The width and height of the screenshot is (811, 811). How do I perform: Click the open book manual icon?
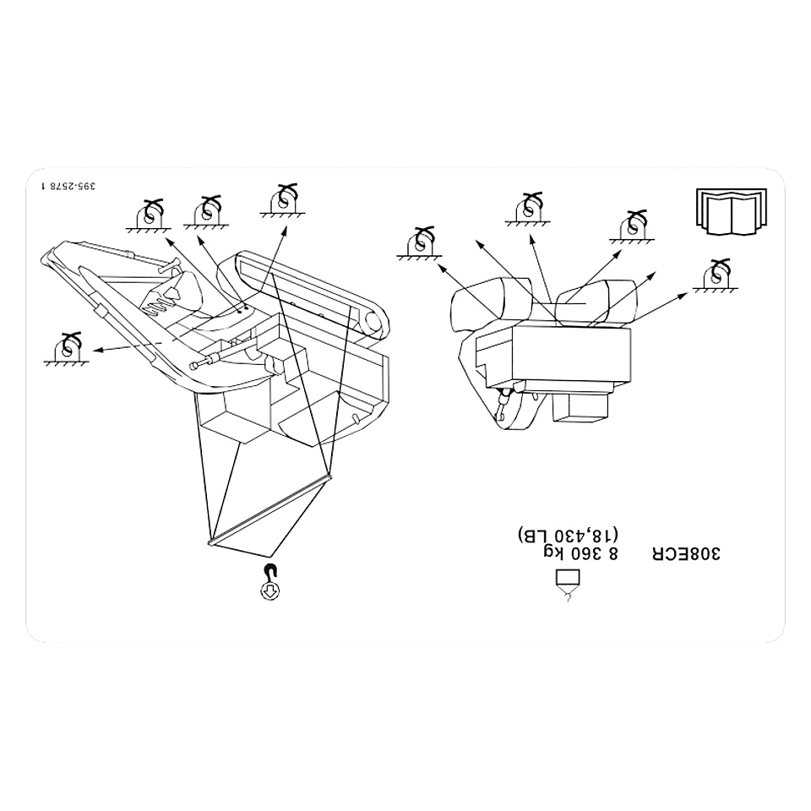pyautogui.click(x=732, y=212)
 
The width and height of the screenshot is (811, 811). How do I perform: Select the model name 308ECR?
pyautogui.click(x=686, y=553)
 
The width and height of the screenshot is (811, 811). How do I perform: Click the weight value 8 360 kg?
pyautogui.click(x=580, y=553)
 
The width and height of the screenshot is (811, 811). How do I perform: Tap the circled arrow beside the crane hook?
pyautogui.click(x=270, y=591)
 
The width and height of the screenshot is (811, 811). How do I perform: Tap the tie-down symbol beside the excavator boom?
pyautogui.click(x=66, y=349)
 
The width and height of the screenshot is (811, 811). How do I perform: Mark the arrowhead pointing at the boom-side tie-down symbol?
pyautogui.click(x=97, y=350)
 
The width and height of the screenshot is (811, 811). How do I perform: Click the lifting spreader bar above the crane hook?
pyautogui.click(x=269, y=509)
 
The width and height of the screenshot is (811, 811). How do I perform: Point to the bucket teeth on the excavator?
pyautogui.click(x=155, y=306)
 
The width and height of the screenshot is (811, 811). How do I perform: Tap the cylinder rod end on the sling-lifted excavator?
pyautogui.click(x=194, y=366)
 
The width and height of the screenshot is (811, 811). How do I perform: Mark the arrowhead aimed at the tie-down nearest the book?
pyautogui.click(x=683, y=296)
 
